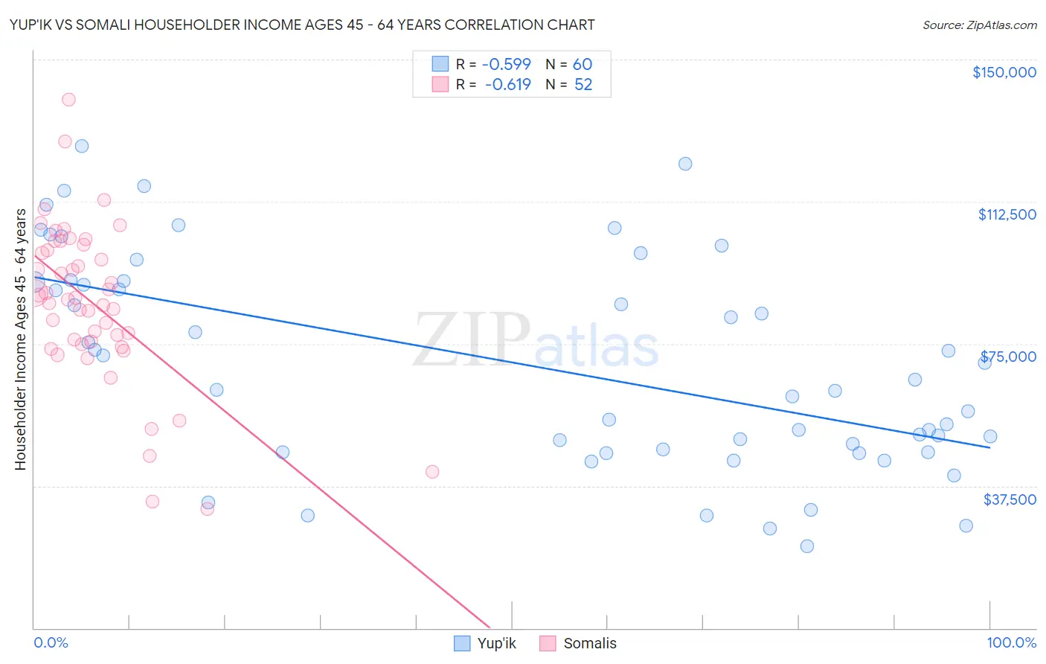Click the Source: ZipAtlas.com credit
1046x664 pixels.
(x=980, y=25)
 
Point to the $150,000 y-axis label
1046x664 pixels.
(x=1004, y=72)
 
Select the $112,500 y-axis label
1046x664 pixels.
(x=1007, y=214)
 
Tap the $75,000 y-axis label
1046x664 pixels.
(x=1008, y=357)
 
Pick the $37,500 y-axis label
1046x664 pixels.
(x=1009, y=499)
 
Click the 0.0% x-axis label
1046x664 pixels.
(x=51, y=642)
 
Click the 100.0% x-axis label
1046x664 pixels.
(x=1011, y=642)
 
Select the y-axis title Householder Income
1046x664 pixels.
(x=20, y=339)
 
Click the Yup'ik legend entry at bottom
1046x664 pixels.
(x=484, y=643)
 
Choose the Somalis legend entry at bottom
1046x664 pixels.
(x=578, y=643)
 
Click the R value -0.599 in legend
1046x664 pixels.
(x=507, y=64)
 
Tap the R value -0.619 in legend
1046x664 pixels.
(x=507, y=85)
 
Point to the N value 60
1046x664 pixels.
(x=582, y=64)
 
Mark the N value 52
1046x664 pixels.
(x=583, y=85)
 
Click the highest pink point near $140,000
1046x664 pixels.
(x=68, y=99)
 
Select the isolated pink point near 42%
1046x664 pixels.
(x=432, y=471)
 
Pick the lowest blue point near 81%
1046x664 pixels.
(x=806, y=546)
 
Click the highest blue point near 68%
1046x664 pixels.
(x=685, y=164)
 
